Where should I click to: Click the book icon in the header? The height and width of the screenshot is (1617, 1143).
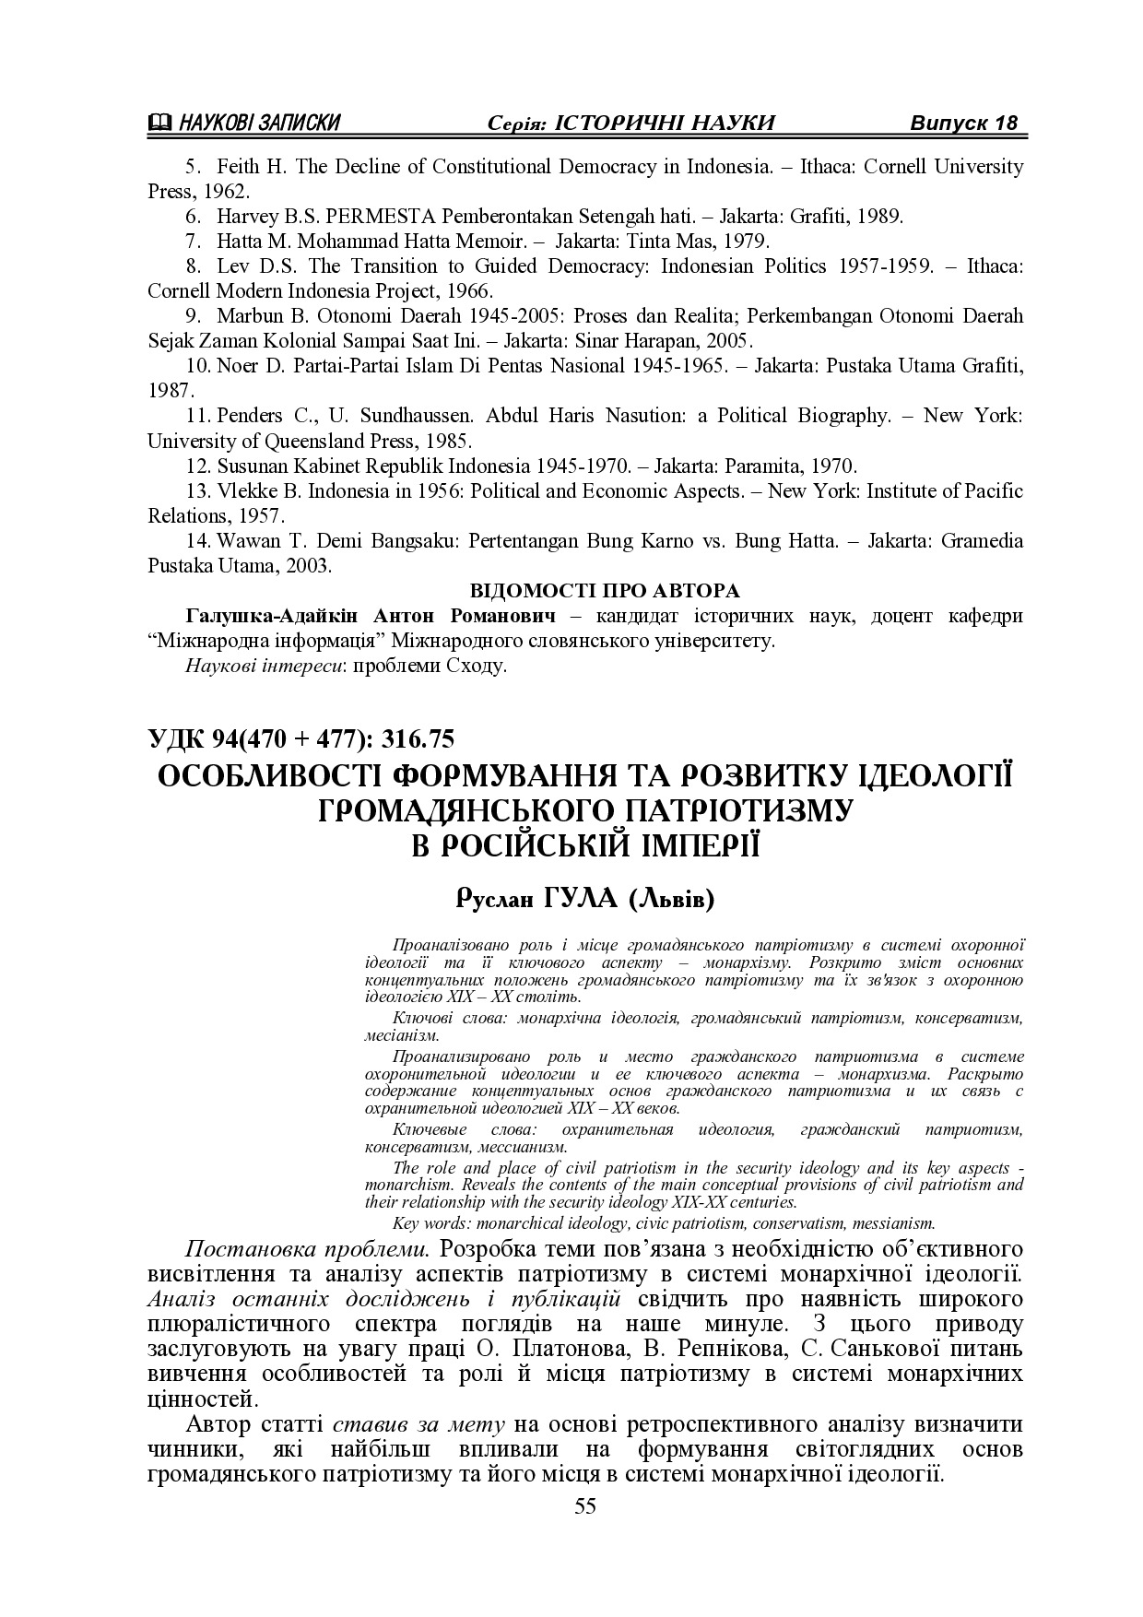click(x=159, y=124)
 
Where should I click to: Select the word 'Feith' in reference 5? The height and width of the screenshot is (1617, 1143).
click(x=237, y=167)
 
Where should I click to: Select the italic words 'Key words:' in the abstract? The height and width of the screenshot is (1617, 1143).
click(x=426, y=1224)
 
